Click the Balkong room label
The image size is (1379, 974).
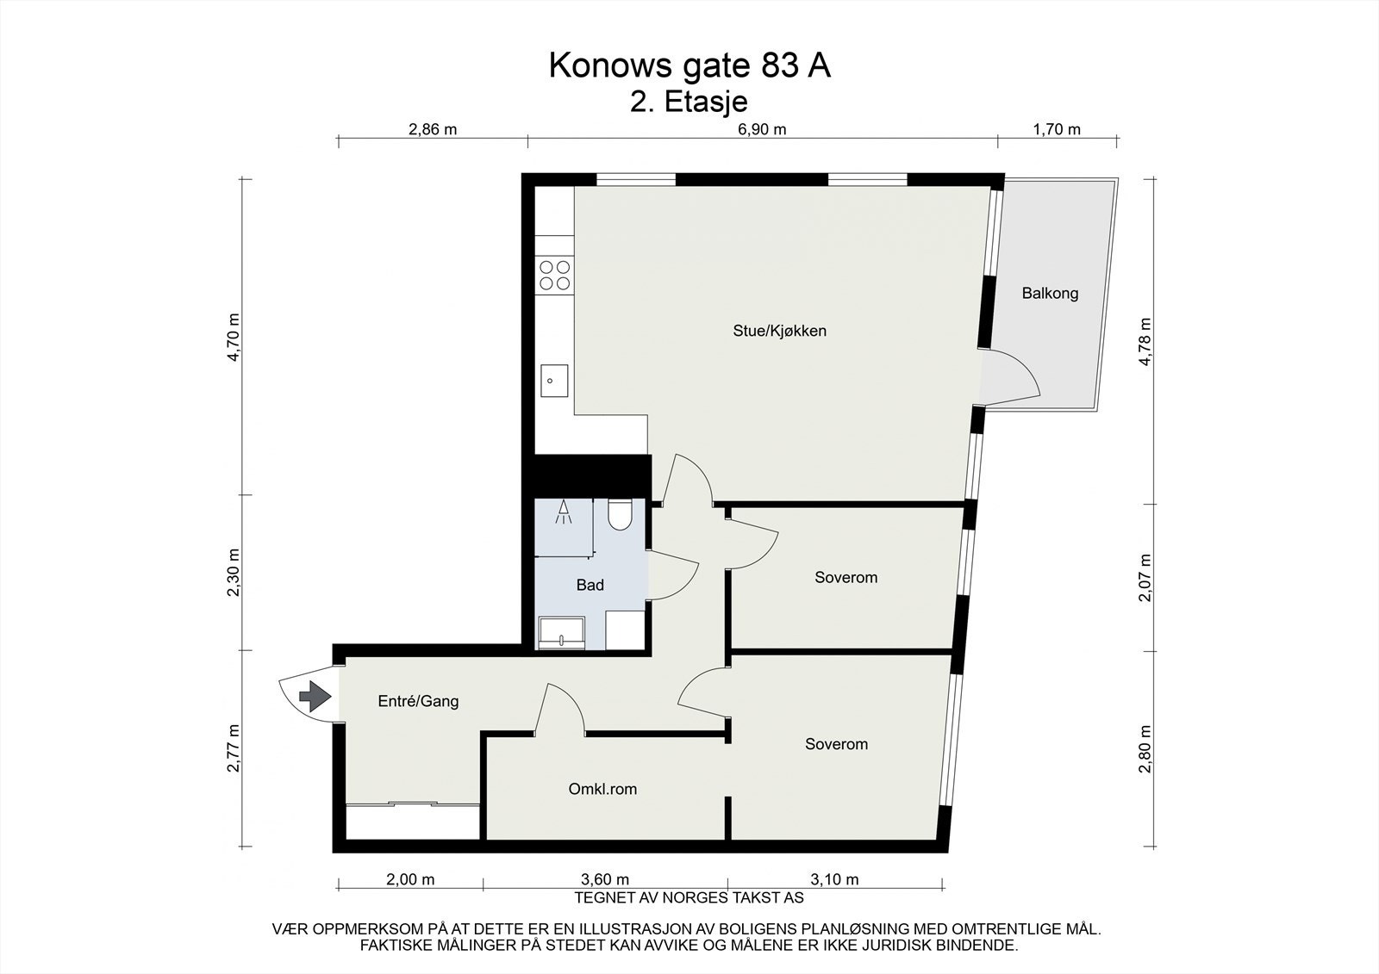click(x=1050, y=294)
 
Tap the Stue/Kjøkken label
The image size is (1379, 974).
click(x=779, y=331)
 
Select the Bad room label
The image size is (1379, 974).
click(x=590, y=586)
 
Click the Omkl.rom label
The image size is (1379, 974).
click(x=602, y=789)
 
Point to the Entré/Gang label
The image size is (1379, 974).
click(x=418, y=701)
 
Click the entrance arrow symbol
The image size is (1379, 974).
click(x=315, y=694)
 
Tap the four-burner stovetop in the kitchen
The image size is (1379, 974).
click(x=555, y=275)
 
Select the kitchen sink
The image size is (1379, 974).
click(x=554, y=380)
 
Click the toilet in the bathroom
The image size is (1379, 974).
click(x=619, y=514)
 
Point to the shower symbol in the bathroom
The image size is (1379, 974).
click(x=564, y=512)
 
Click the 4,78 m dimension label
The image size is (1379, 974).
click(x=1145, y=342)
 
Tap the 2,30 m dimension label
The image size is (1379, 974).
click(x=233, y=572)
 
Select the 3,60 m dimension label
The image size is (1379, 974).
click(x=605, y=879)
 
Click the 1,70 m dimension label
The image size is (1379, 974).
click(x=1056, y=130)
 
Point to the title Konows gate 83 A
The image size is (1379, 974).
click(x=689, y=65)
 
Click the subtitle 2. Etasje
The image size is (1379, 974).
click(x=689, y=102)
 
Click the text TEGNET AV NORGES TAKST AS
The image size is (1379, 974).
click(x=689, y=897)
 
